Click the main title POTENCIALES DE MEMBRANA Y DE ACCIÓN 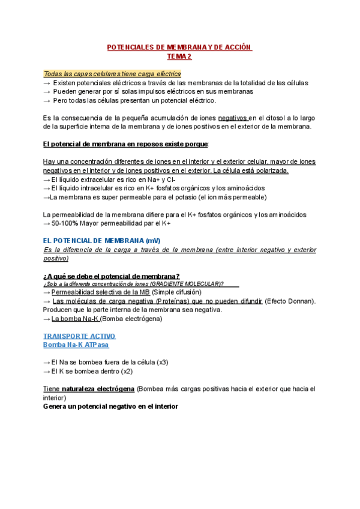179,47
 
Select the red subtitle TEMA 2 179,56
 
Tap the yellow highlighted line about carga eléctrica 112,73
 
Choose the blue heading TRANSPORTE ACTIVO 79,336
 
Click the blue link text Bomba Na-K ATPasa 76,345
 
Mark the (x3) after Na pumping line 162,363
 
